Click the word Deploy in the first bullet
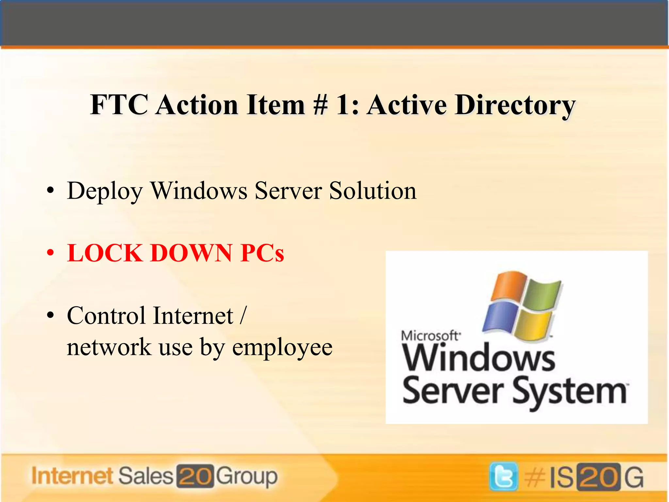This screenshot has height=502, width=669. (x=105, y=191)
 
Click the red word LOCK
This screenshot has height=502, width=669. (x=105, y=253)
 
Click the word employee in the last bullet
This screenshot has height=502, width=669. (x=282, y=347)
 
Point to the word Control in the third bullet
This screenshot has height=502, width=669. (x=106, y=316)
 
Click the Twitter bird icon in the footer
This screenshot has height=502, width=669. (x=503, y=477)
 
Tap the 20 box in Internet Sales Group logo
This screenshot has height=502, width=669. (x=195, y=476)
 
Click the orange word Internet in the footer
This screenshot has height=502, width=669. (x=73, y=476)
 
